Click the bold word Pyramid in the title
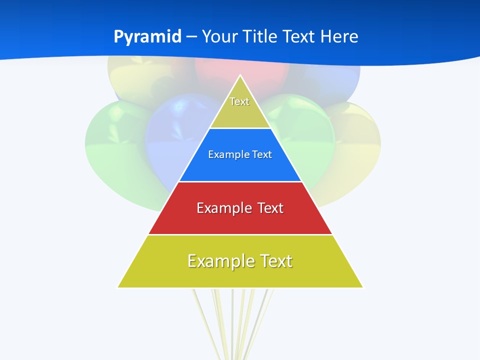[x=147, y=37]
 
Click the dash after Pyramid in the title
[x=191, y=37]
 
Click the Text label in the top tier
[x=239, y=101]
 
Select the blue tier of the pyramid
[x=240, y=167]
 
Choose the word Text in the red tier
[x=270, y=208]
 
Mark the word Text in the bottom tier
[x=275, y=261]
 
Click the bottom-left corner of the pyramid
[x=118, y=287]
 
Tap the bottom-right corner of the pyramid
[x=362, y=287]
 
